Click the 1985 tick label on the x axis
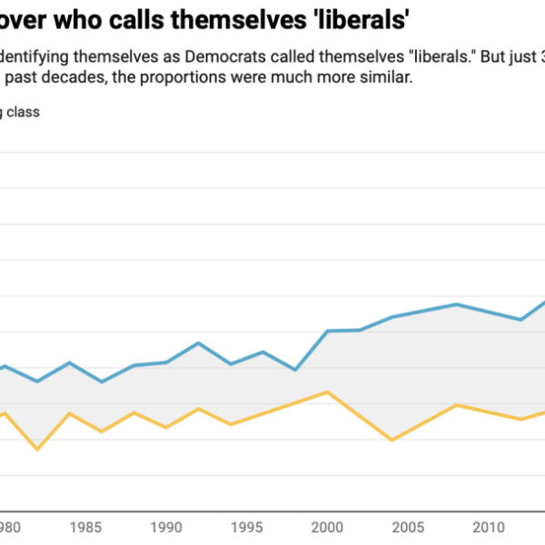click(x=85, y=528)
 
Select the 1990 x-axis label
click(x=166, y=528)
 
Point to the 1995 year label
click(x=247, y=528)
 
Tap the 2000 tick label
click(x=327, y=528)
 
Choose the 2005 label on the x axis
click(x=408, y=528)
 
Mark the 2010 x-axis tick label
click(x=489, y=528)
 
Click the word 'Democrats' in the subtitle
click(x=225, y=56)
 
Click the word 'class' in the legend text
click(x=23, y=113)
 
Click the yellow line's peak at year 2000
click(x=327, y=392)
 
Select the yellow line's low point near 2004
click(x=392, y=440)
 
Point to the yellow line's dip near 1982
click(x=37, y=449)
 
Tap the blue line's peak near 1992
click(x=198, y=343)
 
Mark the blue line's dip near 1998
click(x=295, y=370)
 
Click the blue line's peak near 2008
click(x=456, y=305)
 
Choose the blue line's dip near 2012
click(x=521, y=320)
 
